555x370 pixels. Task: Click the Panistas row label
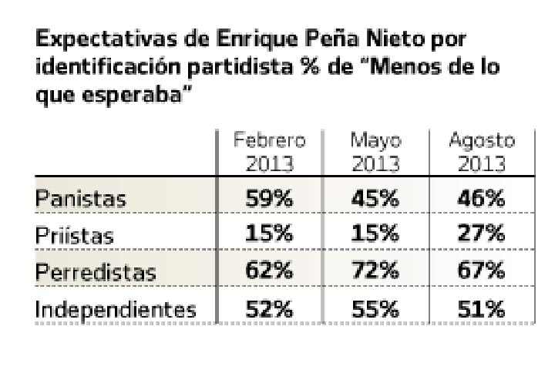pyautogui.click(x=80, y=200)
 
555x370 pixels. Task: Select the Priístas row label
pyautogui.click(x=74, y=236)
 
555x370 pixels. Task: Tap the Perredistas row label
pyautogui.click(x=96, y=272)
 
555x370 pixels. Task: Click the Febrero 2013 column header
pyautogui.click(x=269, y=153)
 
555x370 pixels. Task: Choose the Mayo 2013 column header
pyautogui.click(x=375, y=153)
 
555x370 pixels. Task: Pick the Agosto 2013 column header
pyautogui.click(x=482, y=153)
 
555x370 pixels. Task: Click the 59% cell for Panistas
pyautogui.click(x=269, y=199)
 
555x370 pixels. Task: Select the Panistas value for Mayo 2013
pyautogui.click(x=375, y=199)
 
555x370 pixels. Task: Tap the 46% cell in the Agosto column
pyautogui.click(x=482, y=199)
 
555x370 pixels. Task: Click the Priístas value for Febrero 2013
pyautogui.click(x=269, y=235)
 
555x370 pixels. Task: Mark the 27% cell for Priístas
pyautogui.click(x=482, y=235)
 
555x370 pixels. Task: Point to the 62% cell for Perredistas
pyautogui.click(x=269, y=271)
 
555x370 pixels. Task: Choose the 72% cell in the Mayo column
pyautogui.click(x=375, y=271)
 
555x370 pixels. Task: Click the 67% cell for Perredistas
pyautogui.click(x=482, y=271)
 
